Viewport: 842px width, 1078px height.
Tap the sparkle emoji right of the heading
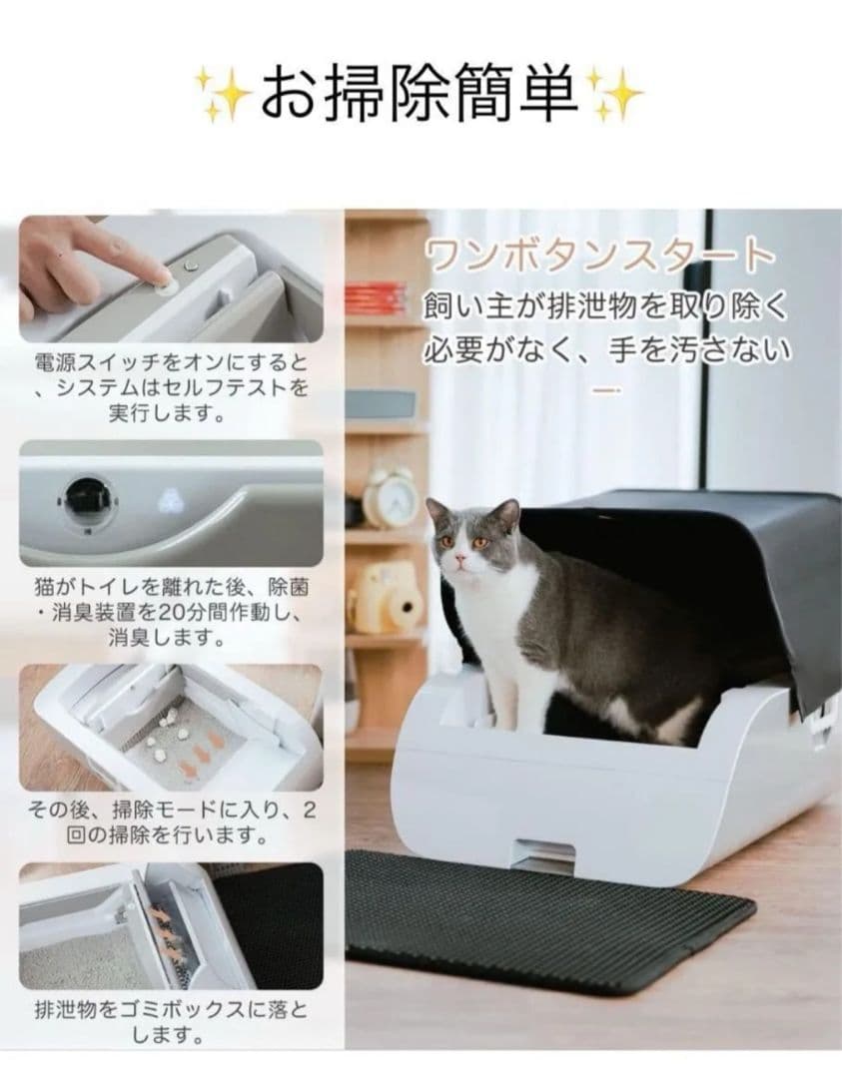(613, 96)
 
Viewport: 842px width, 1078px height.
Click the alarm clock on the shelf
(390, 496)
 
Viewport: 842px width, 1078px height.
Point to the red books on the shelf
(376, 297)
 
